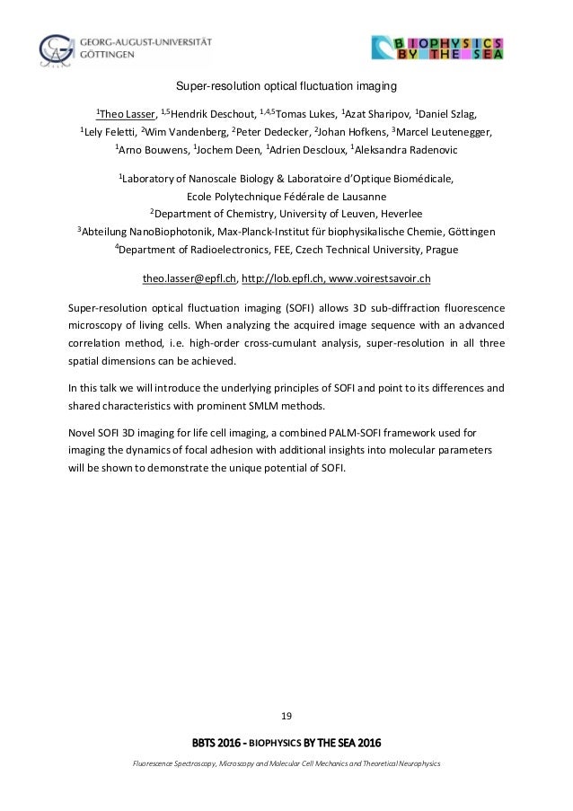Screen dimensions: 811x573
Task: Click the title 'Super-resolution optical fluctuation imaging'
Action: coord(286,87)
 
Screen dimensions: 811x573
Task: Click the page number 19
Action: coord(286,714)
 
